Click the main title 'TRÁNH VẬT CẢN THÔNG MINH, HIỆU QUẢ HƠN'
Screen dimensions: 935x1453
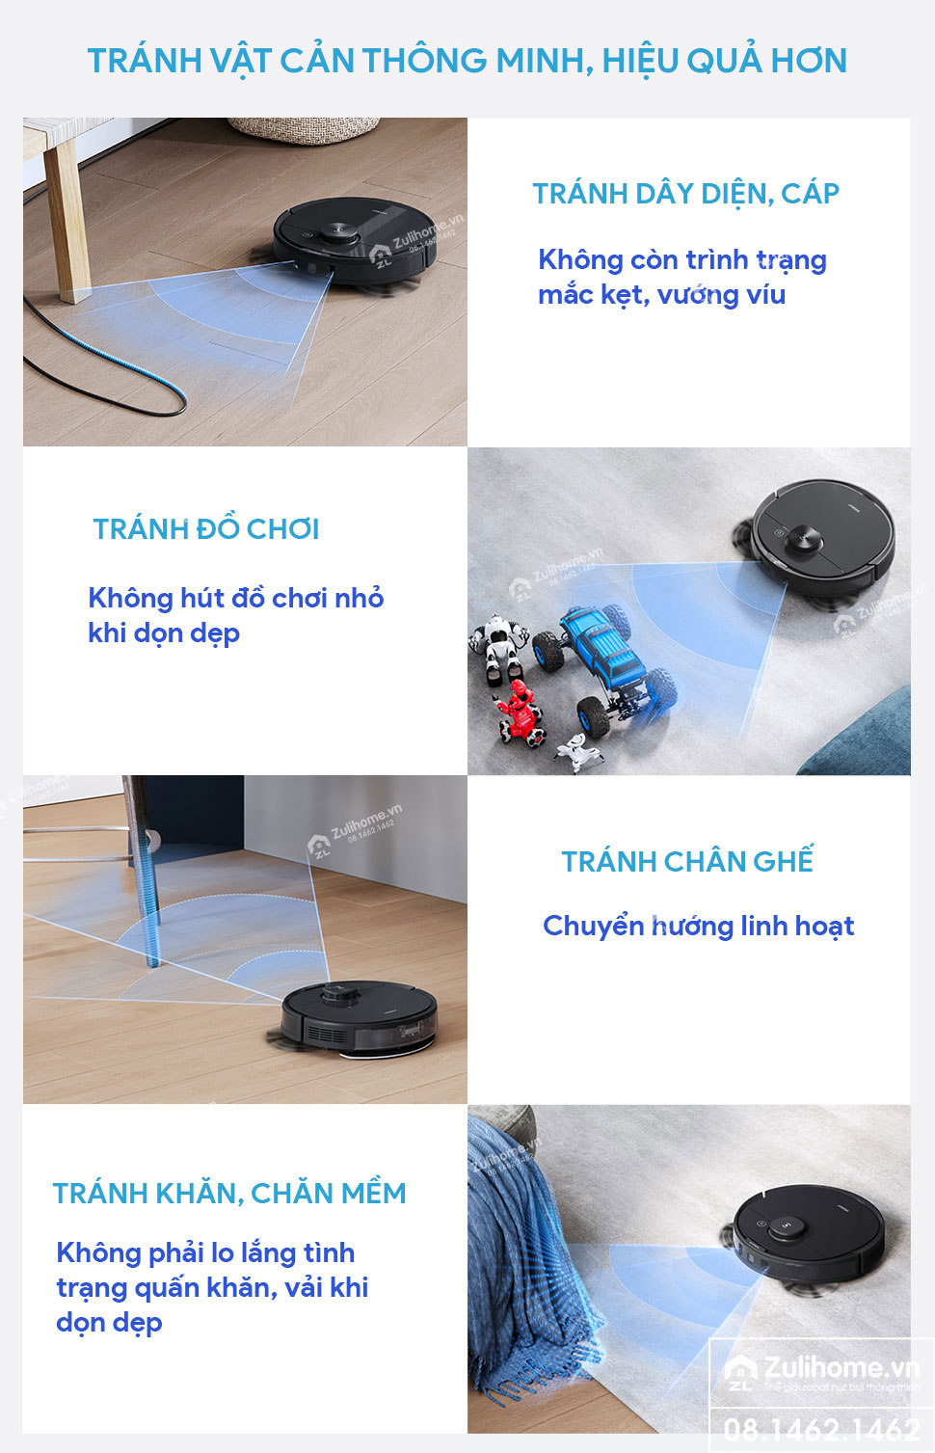tap(467, 61)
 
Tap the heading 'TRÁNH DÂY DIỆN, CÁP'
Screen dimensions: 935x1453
tap(686, 193)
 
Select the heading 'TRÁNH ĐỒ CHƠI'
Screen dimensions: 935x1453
tap(206, 528)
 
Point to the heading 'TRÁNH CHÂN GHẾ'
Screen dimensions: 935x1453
tap(687, 860)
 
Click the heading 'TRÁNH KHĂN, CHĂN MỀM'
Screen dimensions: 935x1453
tap(229, 1193)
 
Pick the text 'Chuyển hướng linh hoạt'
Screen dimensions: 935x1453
tap(698, 926)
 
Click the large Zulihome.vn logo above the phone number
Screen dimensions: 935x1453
tap(821, 1371)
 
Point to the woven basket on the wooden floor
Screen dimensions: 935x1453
tap(304, 130)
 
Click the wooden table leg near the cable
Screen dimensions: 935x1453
tap(68, 222)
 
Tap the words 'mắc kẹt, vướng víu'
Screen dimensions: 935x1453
tap(662, 295)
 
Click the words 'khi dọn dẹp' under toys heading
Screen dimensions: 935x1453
tap(164, 633)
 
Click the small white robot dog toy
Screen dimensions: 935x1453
tap(579, 752)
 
